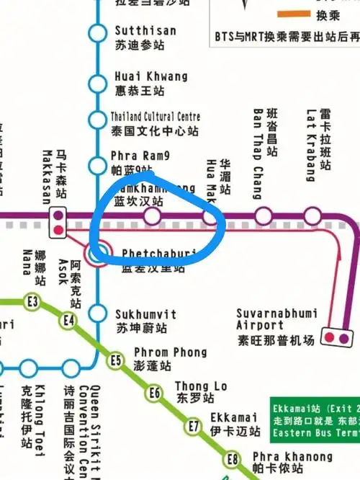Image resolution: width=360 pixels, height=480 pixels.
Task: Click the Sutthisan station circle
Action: pos(96,33)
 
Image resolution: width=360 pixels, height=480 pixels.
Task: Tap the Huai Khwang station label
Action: pos(150,84)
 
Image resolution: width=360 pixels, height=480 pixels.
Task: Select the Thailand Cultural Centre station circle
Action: pos(96,120)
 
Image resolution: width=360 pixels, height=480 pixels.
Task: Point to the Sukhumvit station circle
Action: pos(96,314)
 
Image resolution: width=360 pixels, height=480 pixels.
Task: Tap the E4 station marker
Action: pos(69,320)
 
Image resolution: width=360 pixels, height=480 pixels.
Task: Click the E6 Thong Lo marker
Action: pos(154,393)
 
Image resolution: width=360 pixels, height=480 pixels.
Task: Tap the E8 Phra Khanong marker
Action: pos(232,459)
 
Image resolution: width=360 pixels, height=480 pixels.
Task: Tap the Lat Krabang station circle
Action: pos(312,215)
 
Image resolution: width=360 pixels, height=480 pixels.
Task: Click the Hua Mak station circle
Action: pos(210,215)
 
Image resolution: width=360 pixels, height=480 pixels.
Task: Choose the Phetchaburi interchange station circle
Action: pos(99,252)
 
